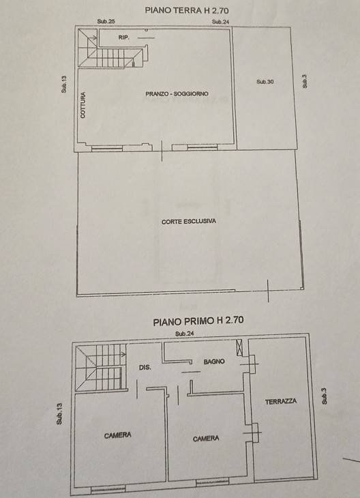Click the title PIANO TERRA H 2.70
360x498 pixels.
coord(187,10)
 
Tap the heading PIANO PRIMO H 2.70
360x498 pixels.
coord(198,320)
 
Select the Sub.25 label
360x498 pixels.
coord(106,22)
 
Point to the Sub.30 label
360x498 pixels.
coord(265,82)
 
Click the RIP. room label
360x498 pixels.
coord(123,38)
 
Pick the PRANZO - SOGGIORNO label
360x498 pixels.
coord(177,93)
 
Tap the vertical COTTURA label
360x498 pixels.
coord(83,106)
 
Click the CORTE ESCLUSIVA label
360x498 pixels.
coord(189,222)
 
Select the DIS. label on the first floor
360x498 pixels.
coord(145,368)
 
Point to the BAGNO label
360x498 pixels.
coord(213,362)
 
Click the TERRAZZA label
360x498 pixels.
coord(281,402)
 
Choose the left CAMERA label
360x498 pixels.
coord(118,435)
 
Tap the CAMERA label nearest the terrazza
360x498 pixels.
coord(206,439)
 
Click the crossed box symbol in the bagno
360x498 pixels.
coord(239,348)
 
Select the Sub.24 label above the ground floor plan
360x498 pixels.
coord(220,22)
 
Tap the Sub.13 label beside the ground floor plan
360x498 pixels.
coord(63,86)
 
